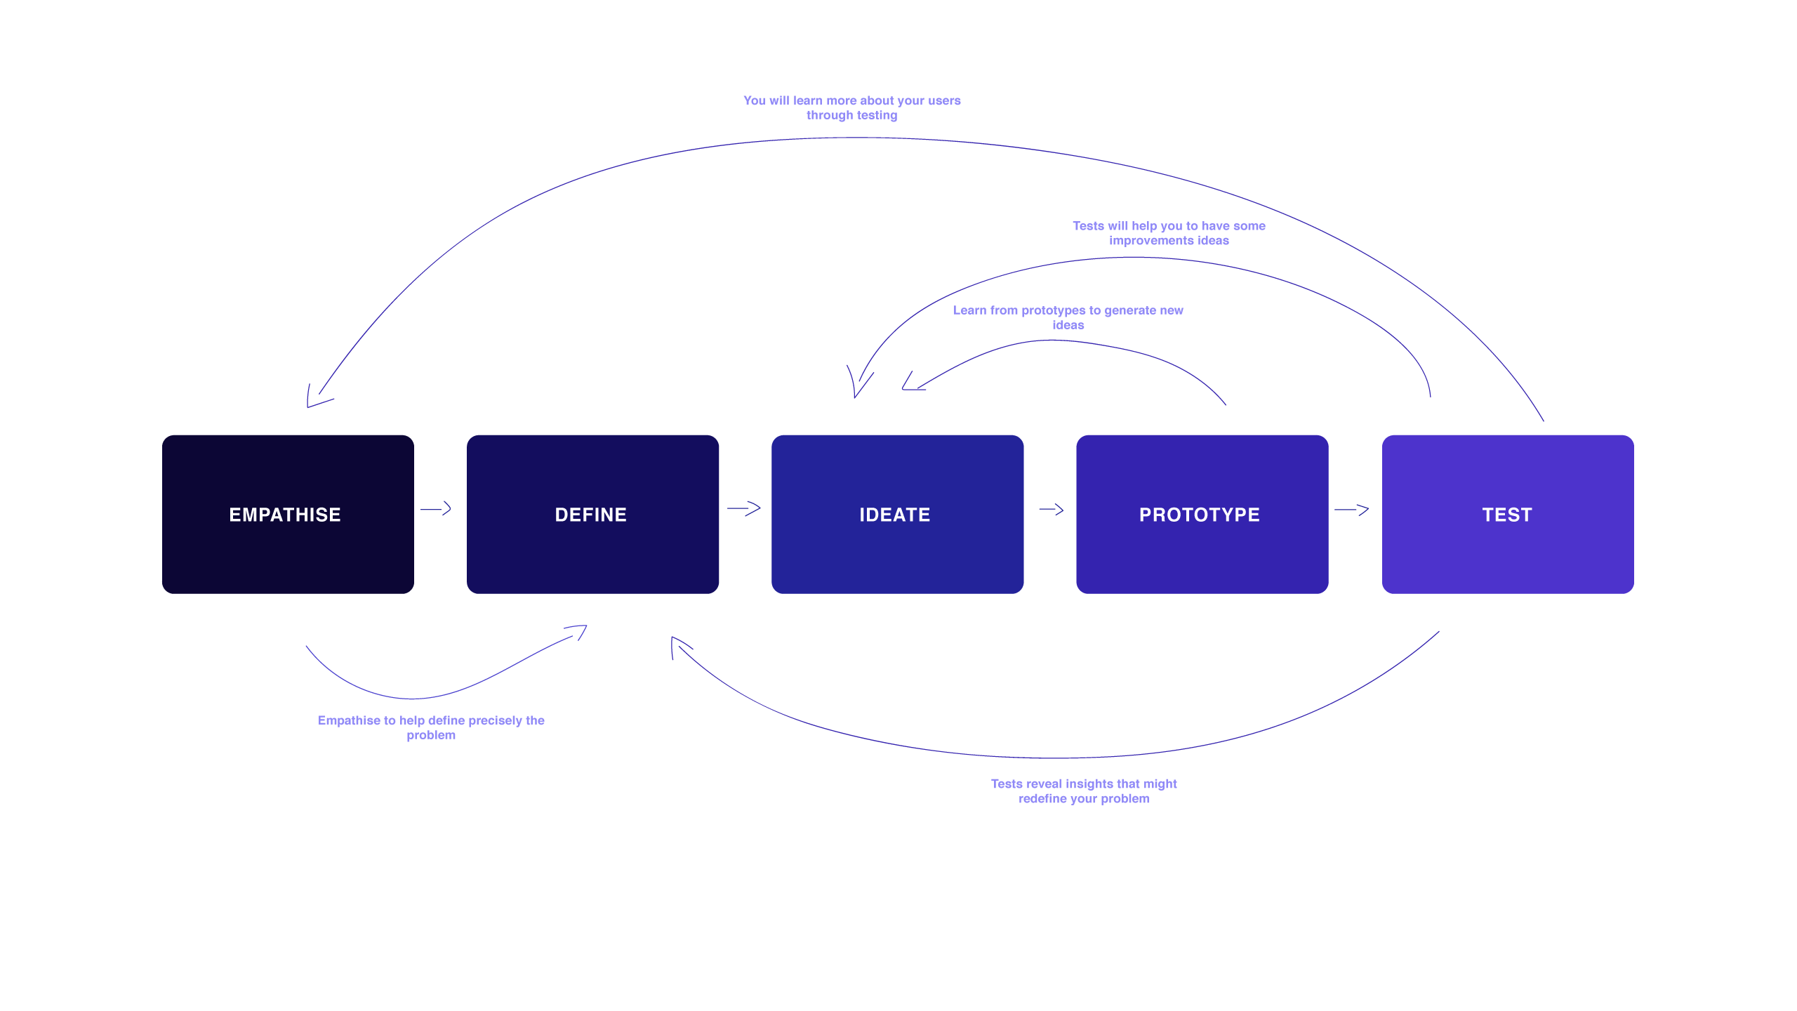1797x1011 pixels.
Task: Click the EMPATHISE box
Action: (288, 514)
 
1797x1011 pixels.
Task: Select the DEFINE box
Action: (592, 514)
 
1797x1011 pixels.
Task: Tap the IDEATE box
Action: (897, 514)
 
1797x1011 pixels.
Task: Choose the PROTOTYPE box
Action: (1202, 514)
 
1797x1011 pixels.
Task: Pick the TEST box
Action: (1507, 514)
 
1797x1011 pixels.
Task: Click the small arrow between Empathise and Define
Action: (436, 508)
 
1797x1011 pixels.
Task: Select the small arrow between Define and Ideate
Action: (744, 508)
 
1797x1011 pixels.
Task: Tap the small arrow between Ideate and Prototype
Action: (1051, 509)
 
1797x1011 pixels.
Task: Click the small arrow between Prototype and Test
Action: (1351, 509)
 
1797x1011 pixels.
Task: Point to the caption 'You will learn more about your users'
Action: (851, 100)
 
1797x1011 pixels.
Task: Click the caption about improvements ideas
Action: (1169, 233)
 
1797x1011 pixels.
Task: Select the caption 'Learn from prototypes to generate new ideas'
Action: (1068, 317)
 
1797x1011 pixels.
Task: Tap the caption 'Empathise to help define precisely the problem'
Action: (431, 727)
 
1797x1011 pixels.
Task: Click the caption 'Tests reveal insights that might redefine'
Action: (1084, 791)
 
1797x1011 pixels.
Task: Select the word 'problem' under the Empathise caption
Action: (431, 736)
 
